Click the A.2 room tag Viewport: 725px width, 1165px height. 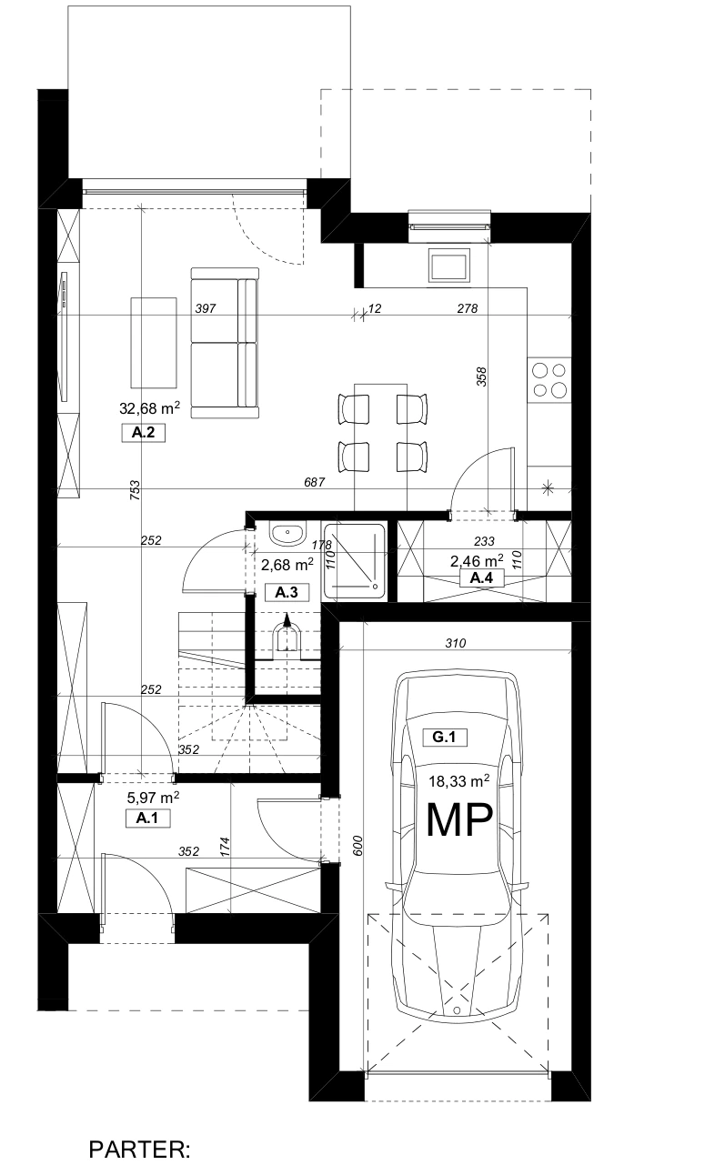tap(143, 433)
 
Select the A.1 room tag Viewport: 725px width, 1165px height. tap(147, 819)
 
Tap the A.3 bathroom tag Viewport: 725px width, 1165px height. tap(287, 592)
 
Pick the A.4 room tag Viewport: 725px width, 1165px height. tap(481, 577)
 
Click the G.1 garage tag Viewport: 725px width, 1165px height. tap(444, 737)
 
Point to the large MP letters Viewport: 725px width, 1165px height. tap(459, 820)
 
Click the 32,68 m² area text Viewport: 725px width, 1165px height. tap(150, 407)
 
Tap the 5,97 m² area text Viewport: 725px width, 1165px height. tap(154, 798)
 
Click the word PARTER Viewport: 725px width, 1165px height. tap(139, 1149)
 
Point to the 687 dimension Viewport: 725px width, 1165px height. tap(314, 482)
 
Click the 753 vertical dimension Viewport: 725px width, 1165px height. tap(135, 490)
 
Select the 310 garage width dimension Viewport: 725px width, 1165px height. tap(456, 643)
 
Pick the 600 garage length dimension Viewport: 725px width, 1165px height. tap(357, 846)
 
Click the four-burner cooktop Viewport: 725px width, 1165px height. tap(549, 379)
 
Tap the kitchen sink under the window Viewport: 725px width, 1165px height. tap(448, 266)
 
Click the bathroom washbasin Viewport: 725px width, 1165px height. tap(287, 534)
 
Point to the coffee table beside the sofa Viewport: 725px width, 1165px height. tap(154, 343)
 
